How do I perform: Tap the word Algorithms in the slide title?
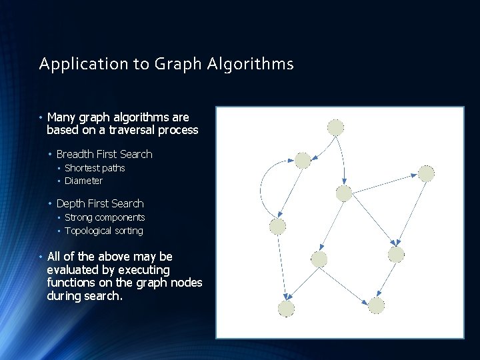[x=250, y=64]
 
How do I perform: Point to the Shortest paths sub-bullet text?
[x=95, y=168]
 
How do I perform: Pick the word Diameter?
[x=83, y=181]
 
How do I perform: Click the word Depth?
[x=71, y=203]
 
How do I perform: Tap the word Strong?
[x=79, y=217]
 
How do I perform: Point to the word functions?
[x=71, y=283]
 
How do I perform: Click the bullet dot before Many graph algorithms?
[x=41, y=117]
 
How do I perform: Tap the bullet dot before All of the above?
[x=41, y=257]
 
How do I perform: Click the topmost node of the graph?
[x=335, y=127]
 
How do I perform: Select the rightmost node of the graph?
[x=426, y=173]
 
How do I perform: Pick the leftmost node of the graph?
[x=277, y=226]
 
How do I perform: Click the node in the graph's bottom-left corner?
[x=286, y=308]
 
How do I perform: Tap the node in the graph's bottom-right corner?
[x=376, y=305]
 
